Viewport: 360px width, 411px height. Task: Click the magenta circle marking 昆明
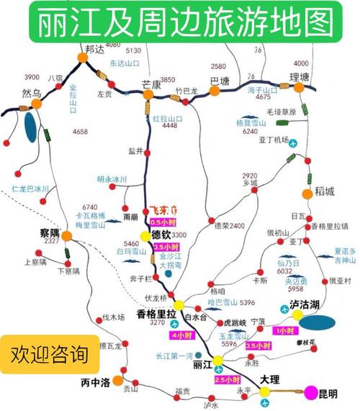pos(310,392)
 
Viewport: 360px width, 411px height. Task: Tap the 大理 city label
pos(269,378)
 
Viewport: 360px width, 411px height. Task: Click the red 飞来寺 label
pos(162,210)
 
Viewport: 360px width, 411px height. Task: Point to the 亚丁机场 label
pos(274,140)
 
